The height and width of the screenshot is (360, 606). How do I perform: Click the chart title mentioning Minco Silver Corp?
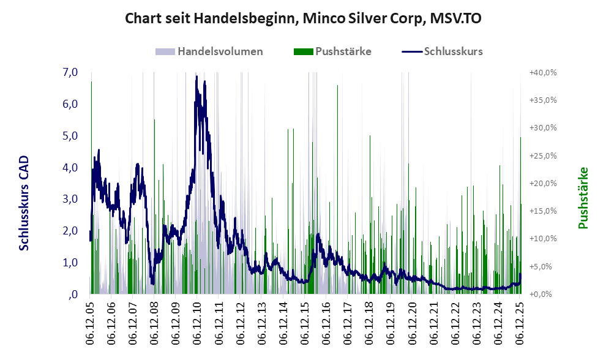[302, 19]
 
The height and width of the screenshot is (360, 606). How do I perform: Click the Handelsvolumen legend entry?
[220, 51]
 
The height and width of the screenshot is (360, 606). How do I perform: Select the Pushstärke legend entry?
[343, 51]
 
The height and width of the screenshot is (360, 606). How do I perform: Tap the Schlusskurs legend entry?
[453, 51]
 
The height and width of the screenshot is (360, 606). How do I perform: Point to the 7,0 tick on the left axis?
[70, 72]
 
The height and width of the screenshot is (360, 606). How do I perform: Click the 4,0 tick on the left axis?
[70, 167]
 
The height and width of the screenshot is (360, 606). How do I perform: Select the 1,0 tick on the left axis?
[70, 262]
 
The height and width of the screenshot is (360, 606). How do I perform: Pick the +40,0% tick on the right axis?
[542, 72]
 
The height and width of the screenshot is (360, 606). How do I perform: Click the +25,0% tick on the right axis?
[542, 156]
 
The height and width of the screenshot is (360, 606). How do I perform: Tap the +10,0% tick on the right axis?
[542, 239]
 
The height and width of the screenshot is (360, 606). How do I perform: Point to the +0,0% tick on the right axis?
[544, 294]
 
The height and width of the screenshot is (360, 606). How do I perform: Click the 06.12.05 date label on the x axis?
[90, 322]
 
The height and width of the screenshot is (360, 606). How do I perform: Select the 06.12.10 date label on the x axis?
[198, 322]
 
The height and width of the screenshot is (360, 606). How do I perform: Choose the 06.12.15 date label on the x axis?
[305, 322]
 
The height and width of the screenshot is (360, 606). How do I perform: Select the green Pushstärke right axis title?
[583, 198]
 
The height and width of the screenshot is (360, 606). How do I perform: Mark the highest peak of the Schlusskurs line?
[196, 76]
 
